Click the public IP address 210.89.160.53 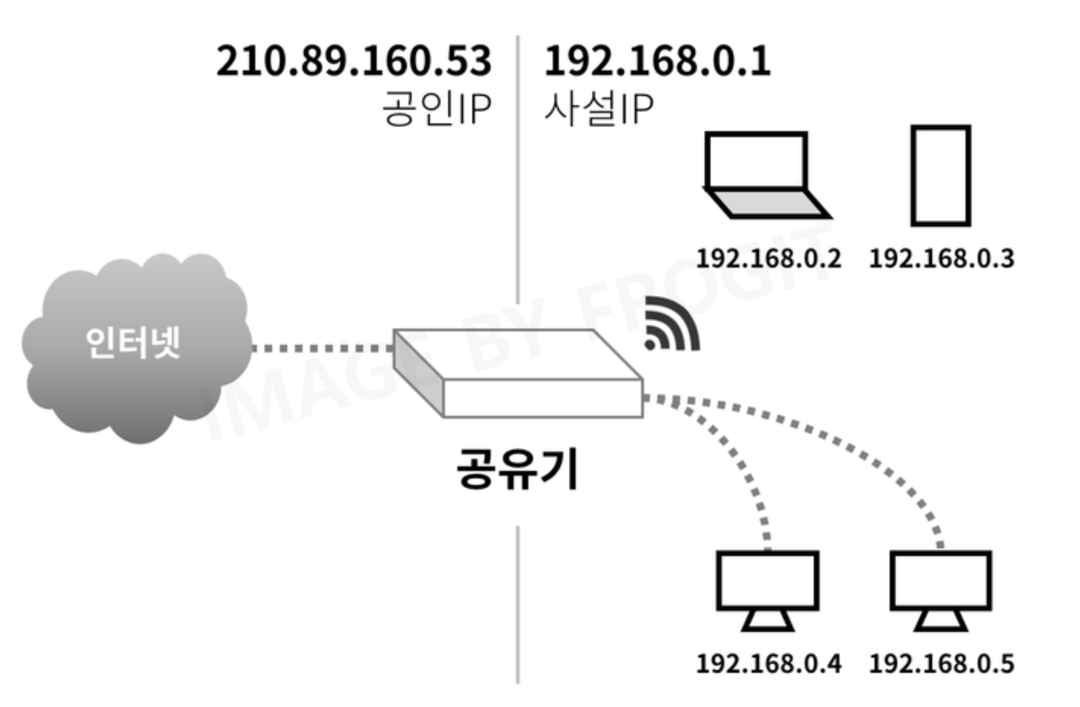point(353,61)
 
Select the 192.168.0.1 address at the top point(657,61)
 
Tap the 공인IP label point(436,109)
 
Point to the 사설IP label point(598,109)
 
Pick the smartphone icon point(940,175)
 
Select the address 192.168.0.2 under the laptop point(768,259)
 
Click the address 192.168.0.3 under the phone point(942,259)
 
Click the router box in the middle point(519,373)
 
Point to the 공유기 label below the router point(517,469)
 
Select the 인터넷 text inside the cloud point(133,343)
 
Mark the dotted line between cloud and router point(322,348)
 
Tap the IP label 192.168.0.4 point(768,663)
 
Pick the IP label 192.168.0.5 point(942,663)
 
